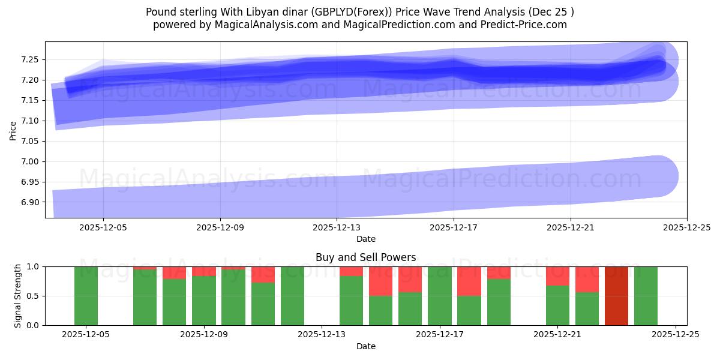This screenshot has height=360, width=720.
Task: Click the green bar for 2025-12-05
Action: coord(86,296)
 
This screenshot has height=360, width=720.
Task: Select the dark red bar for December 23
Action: coord(616,296)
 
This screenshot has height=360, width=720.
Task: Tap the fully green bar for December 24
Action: coord(646,296)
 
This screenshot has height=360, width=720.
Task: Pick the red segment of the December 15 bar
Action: coord(380,281)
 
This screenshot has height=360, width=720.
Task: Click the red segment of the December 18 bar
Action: coord(469,281)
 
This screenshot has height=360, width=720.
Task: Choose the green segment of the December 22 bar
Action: coord(587,308)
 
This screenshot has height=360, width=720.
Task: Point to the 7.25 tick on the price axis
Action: coord(30,59)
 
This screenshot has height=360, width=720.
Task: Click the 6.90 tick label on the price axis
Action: coord(30,202)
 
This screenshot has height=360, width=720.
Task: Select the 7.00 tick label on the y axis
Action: coord(30,161)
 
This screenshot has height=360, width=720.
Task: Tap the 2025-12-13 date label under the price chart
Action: coord(337,227)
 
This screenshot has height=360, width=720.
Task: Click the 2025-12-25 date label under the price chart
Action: coord(686,227)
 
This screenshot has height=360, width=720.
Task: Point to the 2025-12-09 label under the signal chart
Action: coord(204,335)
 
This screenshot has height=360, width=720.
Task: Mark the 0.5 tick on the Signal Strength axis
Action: coord(33,296)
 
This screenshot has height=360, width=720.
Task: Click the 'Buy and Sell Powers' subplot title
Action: coord(365,257)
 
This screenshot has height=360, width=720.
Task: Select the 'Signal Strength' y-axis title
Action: coord(18,296)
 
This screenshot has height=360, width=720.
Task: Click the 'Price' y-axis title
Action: coord(13,130)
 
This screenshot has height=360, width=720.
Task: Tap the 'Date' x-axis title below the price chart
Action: coord(365,239)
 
